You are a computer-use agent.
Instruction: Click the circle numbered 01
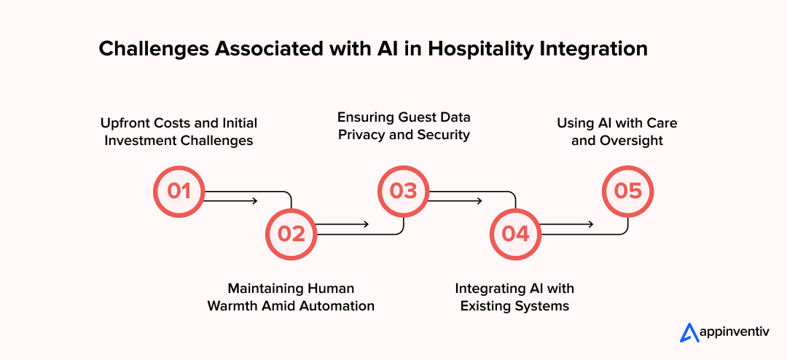tap(179, 191)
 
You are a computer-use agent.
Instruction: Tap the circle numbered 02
tap(291, 233)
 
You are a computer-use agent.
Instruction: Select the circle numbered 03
tap(403, 191)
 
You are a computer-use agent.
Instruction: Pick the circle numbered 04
tap(515, 233)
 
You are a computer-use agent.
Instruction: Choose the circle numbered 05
tap(627, 191)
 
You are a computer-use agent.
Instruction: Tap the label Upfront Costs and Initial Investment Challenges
tap(179, 131)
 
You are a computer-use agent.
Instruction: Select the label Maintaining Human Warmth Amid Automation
tap(291, 297)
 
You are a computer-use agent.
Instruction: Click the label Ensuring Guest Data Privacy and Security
tap(404, 125)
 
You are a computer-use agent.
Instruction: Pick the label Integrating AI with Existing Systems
tap(514, 297)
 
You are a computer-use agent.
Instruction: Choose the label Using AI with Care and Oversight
tap(617, 131)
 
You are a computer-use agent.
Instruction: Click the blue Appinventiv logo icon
tap(689, 332)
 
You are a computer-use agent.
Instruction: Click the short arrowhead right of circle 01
tap(254, 201)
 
